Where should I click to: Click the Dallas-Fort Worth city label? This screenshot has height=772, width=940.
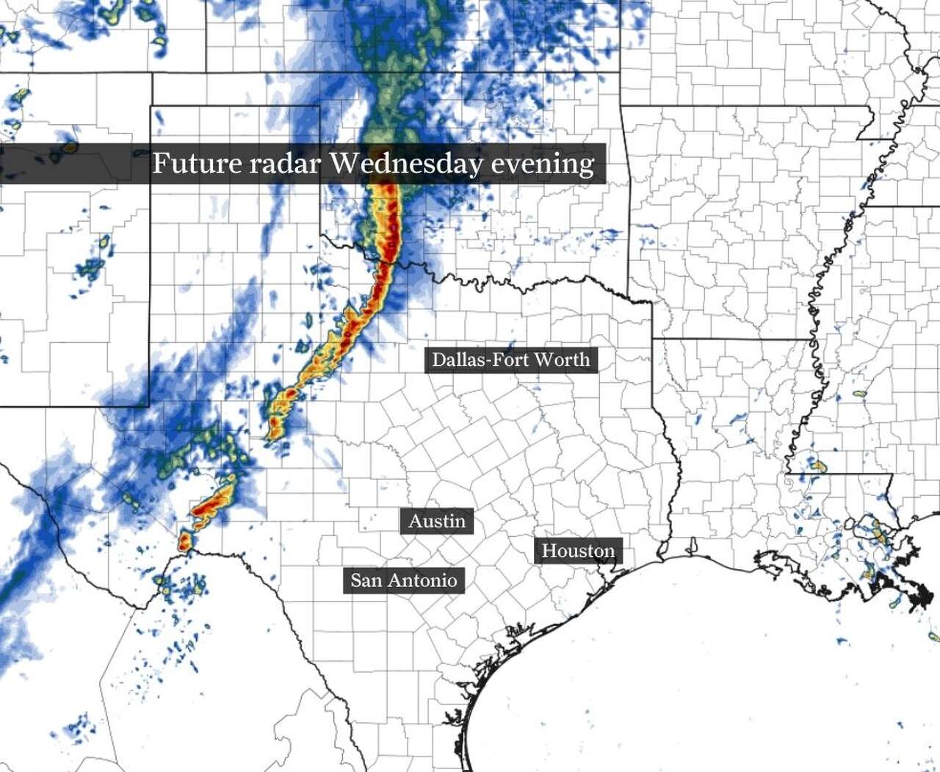(510, 360)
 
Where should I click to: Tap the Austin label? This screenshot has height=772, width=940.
(437, 522)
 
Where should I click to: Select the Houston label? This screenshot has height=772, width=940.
(578, 551)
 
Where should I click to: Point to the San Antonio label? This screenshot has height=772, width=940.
(403, 580)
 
